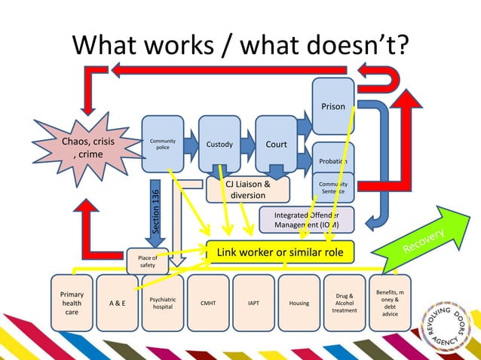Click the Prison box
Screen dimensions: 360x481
point(333,106)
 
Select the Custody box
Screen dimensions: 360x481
point(219,145)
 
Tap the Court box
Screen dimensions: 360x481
point(276,145)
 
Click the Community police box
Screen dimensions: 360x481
point(163,145)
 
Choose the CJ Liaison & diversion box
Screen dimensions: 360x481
point(248,189)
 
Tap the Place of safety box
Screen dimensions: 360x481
point(148,261)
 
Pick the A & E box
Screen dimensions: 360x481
point(117,303)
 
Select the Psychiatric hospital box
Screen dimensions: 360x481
point(163,303)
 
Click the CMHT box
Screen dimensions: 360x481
point(208,303)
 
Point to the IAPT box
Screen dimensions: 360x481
point(253,303)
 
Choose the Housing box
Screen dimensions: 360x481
point(299,303)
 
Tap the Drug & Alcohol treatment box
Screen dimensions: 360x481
point(345,303)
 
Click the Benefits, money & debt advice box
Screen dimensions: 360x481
point(390,303)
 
